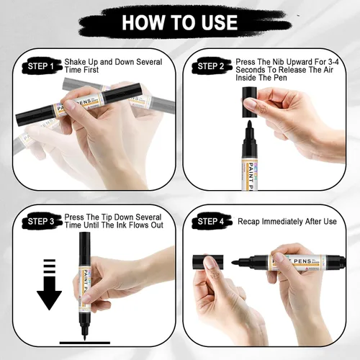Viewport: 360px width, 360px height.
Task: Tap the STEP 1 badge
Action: coord(41,66)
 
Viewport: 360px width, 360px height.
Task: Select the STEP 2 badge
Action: coord(211,66)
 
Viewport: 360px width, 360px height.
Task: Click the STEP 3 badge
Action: coord(41,221)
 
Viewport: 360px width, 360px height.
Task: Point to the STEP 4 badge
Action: coord(211,221)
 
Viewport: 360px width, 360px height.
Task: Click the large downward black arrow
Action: coord(49,284)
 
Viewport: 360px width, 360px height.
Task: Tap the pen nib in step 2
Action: coord(249,125)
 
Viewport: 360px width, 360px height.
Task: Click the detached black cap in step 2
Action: coord(250,102)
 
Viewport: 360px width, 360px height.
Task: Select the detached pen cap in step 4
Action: coord(208,263)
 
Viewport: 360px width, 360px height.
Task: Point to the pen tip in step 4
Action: coord(235,262)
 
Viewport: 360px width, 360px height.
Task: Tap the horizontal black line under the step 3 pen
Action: coord(85,343)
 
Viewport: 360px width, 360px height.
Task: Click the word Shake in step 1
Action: coord(75,62)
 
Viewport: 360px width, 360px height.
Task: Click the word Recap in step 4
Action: coord(249,222)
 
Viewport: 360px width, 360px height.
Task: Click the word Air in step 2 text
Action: coord(328,70)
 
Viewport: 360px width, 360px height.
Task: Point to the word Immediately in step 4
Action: coord(283,222)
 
